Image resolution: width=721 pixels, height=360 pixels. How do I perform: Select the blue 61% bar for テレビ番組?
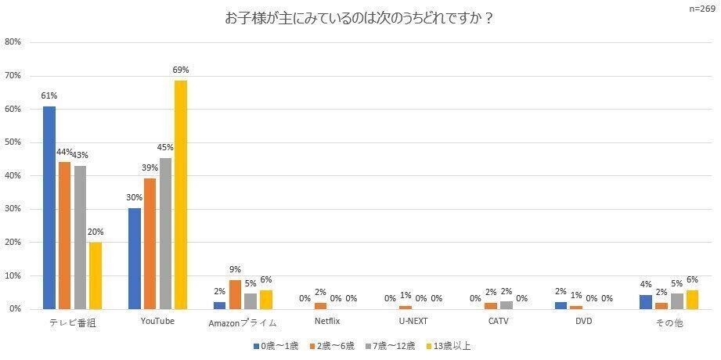pos(49,207)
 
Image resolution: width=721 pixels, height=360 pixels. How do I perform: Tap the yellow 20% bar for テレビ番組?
pos(96,275)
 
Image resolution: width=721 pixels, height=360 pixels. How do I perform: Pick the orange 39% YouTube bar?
pos(150,243)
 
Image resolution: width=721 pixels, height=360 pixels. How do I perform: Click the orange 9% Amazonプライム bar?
pos(235,294)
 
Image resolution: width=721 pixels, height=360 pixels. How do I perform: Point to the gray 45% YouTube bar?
pos(165,233)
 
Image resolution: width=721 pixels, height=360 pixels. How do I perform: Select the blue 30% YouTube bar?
pos(135,258)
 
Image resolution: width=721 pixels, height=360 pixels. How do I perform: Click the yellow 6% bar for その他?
pos(692,300)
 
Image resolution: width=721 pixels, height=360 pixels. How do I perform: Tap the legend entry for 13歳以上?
pos(448,345)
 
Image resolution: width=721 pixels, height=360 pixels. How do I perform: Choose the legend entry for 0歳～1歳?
pos(275,345)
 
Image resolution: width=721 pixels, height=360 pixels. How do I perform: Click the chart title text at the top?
pos(359,18)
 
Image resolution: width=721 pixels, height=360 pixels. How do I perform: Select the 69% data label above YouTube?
pos(181,70)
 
